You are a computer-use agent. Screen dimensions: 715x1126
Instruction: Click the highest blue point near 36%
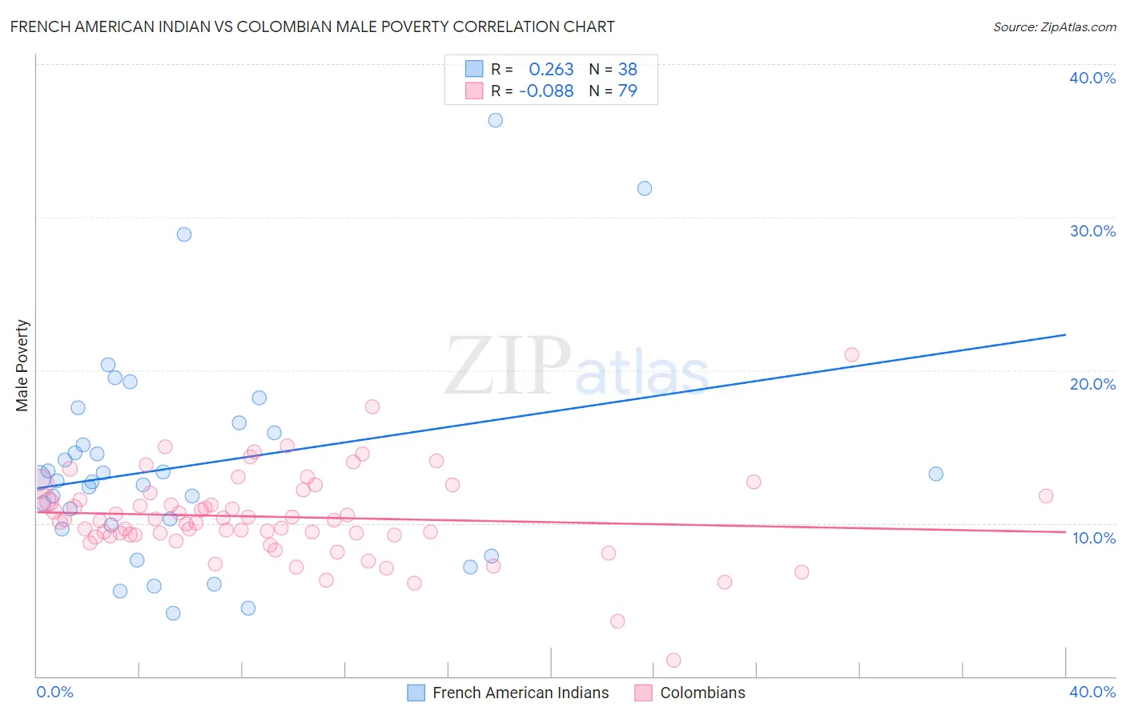click(x=496, y=120)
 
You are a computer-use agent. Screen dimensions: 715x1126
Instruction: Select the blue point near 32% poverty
click(x=645, y=188)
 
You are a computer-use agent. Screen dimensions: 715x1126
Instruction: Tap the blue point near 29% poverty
click(x=184, y=234)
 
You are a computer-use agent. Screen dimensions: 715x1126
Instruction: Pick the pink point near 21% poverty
click(x=852, y=354)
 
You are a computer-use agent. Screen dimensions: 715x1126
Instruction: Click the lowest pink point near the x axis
click(x=674, y=660)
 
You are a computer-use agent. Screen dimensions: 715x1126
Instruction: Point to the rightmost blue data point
click(x=936, y=474)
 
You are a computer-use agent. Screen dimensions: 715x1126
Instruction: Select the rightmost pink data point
click(x=1046, y=496)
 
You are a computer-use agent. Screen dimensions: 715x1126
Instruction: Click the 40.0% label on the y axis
click(x=1092, y=78)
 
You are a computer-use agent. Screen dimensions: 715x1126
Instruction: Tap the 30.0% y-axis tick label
click(x=1092, y=231)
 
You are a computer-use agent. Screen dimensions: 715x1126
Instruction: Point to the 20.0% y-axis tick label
click(x=1092, y=384)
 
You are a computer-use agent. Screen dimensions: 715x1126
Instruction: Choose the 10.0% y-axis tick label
click(x=1094, y=538)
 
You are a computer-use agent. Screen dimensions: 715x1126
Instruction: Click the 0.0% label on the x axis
click(x=54, y=692)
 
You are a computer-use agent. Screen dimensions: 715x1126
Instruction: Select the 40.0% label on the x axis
click(x=1092, y=692)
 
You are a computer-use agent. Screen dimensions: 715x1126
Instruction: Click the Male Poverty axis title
click(x=22, y=366)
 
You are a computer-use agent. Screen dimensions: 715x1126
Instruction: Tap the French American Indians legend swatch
click(x=416, y=693)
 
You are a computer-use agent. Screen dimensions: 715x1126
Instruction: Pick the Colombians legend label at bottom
click(x=702, y=693)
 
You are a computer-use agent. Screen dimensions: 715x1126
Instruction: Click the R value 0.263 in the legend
click(x=551, y=69)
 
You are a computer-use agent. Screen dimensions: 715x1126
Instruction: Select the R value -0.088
click(x=546, y=91)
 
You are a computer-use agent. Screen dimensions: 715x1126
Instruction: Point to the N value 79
click(x=627, y=91)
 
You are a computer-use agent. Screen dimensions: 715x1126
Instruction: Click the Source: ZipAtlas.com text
click(x=1054, y=26)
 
